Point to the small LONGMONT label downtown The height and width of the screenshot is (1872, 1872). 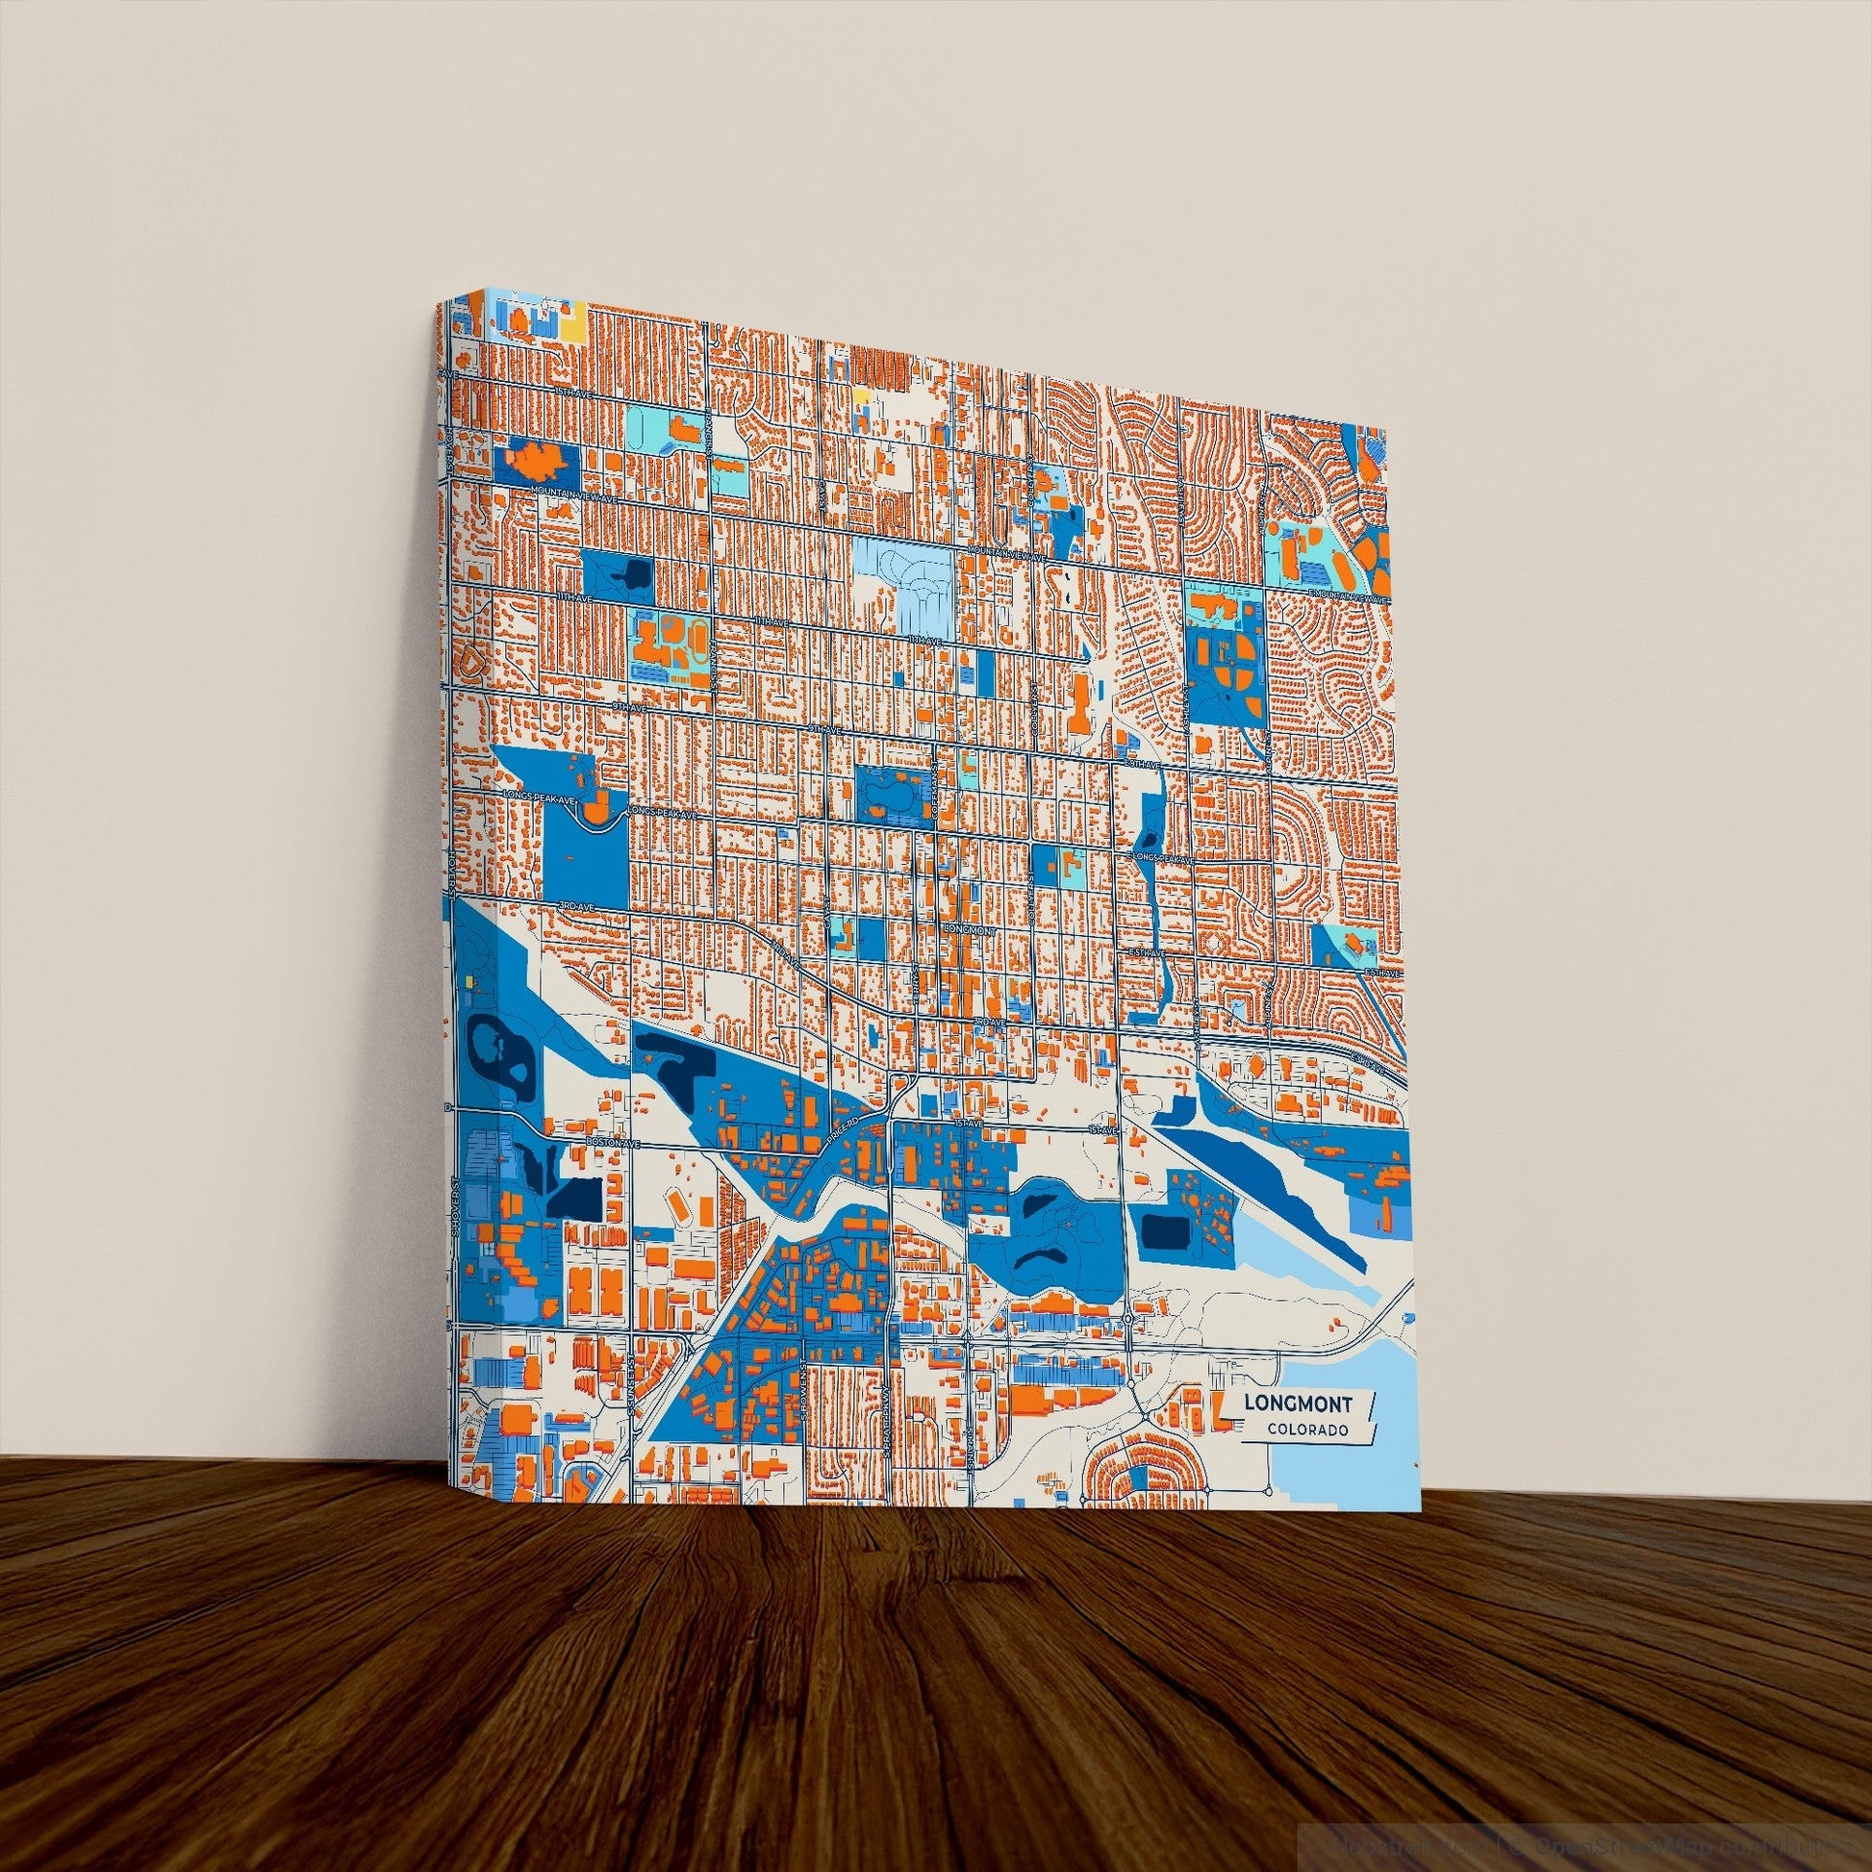point(968,930)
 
